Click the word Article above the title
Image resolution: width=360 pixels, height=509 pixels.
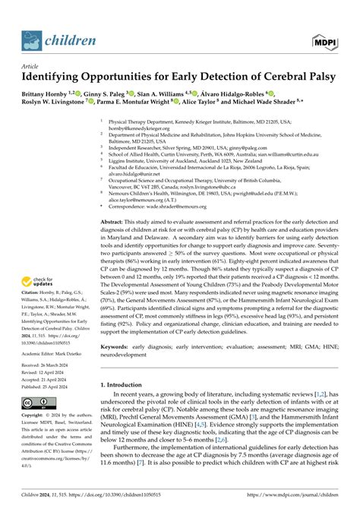pyautogui.click(x=31, y=66)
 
